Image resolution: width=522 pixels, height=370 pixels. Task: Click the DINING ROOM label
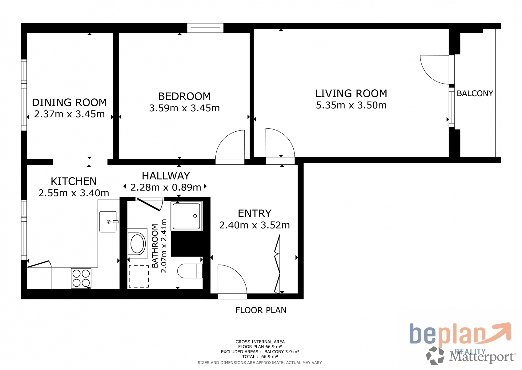point(70,102)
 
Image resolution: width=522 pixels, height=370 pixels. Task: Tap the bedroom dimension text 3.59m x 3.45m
point(184,108)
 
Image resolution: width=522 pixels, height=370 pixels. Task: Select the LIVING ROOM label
point(351,93)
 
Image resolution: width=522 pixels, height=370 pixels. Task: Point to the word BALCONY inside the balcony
point(475,93)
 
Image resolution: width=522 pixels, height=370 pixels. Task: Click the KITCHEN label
point(74,181)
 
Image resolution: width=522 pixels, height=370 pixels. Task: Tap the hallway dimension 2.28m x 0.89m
point(166,187)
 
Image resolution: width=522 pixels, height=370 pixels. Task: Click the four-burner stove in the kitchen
point(81,278)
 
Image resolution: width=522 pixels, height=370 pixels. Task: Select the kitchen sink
point(108,222)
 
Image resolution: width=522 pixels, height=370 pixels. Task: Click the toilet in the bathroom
point(190,271)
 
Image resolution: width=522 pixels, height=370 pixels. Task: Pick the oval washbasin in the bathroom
point(137,244)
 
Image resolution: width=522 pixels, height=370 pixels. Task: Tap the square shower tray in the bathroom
point(187,216)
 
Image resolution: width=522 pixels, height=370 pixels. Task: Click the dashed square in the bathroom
point(139,276)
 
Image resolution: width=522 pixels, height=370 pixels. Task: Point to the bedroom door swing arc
point(224,138)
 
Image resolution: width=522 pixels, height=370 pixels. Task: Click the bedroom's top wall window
point(205,28)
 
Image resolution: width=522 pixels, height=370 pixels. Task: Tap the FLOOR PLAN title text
point(261,310)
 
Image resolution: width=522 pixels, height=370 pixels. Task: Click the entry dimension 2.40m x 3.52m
point(255,225)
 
